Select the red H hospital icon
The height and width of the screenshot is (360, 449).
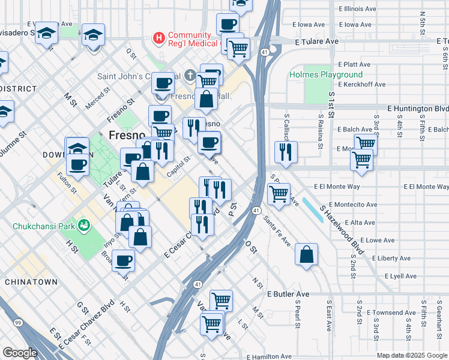click(158, 38)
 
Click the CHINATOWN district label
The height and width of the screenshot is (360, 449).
click(31, 282)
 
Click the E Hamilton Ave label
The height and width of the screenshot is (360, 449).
click(270, 356)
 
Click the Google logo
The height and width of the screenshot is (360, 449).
click(20, 353)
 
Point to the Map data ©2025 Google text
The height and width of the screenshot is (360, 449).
click(411, 355)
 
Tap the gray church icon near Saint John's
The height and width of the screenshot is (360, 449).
click(190, 76)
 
